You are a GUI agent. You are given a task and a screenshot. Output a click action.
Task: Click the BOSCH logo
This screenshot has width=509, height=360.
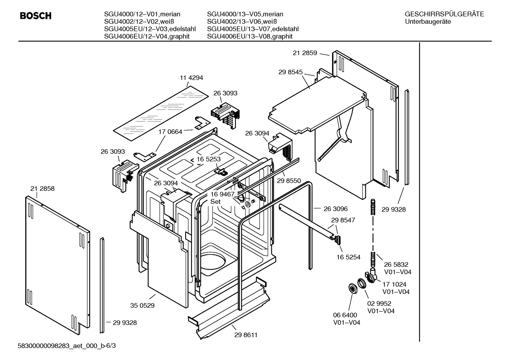(x=36, y=16)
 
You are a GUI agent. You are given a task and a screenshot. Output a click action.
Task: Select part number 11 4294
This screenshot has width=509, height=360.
(x=192, y=78)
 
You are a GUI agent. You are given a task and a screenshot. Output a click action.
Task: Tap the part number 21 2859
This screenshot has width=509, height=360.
(x=305, y=53)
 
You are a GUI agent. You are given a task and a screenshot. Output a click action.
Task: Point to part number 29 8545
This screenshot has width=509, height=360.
(x=290, y=72)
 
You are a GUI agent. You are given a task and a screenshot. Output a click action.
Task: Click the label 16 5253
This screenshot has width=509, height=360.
(x=209, y=159)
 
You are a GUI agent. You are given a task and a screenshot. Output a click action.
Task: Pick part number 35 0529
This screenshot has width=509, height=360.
(x=142, y=305)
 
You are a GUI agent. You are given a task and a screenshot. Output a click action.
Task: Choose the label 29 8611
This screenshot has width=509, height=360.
(x=246, y=335)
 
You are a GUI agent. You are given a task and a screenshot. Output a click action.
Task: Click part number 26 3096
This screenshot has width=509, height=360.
(x=336, y=209)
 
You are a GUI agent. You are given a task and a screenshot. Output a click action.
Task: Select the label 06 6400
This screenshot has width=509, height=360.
(x=345, y=315)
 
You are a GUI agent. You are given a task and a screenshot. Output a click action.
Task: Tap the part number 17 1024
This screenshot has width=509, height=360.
(x=394, y=284)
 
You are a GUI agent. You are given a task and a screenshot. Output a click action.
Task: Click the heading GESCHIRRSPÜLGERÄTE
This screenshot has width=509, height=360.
(x=444, y=14)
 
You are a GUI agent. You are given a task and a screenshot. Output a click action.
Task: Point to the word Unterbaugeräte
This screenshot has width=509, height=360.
(x=428, y=22)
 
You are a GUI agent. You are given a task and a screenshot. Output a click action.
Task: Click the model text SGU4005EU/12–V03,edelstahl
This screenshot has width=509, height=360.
(x=150, y=29)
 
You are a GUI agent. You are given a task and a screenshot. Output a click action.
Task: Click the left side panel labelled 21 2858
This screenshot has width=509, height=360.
(x=56, y=261)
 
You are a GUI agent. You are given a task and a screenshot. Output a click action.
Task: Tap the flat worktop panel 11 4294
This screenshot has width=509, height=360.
(x=161, y=111)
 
